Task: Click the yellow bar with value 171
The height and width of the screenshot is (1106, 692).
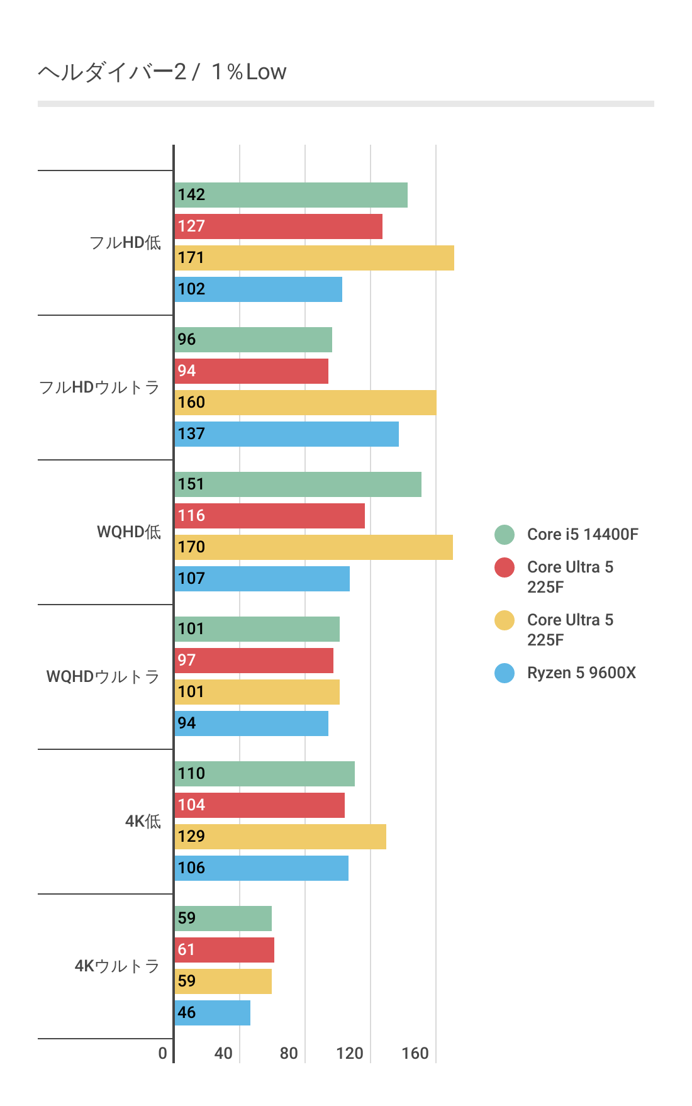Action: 314,258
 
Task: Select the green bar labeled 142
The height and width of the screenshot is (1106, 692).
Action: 291,195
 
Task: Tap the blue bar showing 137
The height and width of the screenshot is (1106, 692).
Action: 286,434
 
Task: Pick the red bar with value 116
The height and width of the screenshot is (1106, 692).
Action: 269,516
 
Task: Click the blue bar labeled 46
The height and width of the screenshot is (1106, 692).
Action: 212,1013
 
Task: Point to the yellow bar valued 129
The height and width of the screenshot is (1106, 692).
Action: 280,837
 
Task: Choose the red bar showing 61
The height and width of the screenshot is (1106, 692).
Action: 224,950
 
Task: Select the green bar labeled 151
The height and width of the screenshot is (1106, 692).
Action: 298,484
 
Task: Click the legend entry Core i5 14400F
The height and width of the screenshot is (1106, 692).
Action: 582,534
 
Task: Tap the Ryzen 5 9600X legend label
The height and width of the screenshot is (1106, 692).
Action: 581,673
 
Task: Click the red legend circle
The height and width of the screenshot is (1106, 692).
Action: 505,567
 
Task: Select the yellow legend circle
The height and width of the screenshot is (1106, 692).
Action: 505,620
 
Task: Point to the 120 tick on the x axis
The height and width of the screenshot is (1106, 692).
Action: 350,1053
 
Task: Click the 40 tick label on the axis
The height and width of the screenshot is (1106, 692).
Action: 223,1053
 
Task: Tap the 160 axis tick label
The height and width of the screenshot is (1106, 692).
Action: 415,1053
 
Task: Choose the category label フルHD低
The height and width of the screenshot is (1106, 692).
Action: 125,243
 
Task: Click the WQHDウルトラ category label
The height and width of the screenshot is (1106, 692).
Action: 103,677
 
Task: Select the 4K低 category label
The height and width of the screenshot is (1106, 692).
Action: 143,822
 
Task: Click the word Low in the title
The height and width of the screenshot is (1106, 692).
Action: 266,72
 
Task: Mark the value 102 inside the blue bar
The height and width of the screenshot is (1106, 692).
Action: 191,289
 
